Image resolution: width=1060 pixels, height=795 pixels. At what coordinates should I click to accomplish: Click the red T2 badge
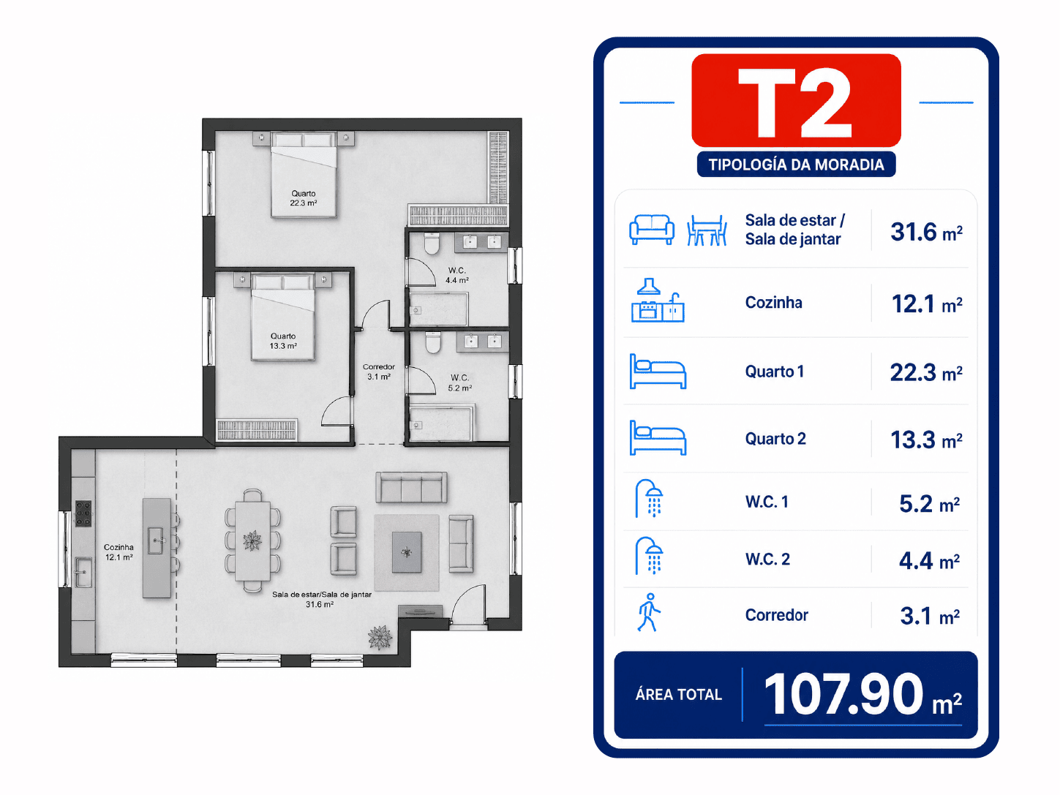coord(796,100)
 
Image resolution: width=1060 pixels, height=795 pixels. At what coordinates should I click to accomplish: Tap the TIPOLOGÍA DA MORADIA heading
coord(796,165)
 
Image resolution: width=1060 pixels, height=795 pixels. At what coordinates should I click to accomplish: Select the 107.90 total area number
coord(843,694)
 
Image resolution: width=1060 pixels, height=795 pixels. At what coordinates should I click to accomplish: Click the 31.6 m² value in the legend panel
coord(926,232)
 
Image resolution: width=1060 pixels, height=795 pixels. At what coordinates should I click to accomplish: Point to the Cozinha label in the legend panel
coord(773,303)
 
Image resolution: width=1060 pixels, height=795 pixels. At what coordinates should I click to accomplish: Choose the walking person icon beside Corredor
coord(649,613)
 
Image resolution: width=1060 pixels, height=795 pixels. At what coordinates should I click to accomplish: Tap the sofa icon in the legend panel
coord(652,230)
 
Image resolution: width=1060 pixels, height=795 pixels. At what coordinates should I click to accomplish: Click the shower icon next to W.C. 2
coord(649,556)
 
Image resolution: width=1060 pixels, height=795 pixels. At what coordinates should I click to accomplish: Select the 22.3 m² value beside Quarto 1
coord(925,373)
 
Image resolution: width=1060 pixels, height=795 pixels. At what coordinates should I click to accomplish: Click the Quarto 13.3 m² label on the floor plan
coord(283,341)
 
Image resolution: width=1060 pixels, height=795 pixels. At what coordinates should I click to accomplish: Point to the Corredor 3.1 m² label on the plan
coord(379,372)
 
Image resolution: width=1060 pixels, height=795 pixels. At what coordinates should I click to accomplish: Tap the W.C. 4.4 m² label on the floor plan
coord(456,275)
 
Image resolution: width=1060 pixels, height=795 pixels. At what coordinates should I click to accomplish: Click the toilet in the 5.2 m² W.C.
coord(432,342)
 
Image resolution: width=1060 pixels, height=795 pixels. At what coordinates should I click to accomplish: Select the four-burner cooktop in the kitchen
coord(83,513)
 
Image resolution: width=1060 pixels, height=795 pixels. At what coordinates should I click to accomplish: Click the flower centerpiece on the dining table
coord(252,540)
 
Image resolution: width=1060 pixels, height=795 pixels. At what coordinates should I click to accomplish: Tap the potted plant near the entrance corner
coord(380,637)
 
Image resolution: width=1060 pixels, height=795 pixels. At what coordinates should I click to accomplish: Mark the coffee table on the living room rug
coord(407,552)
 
